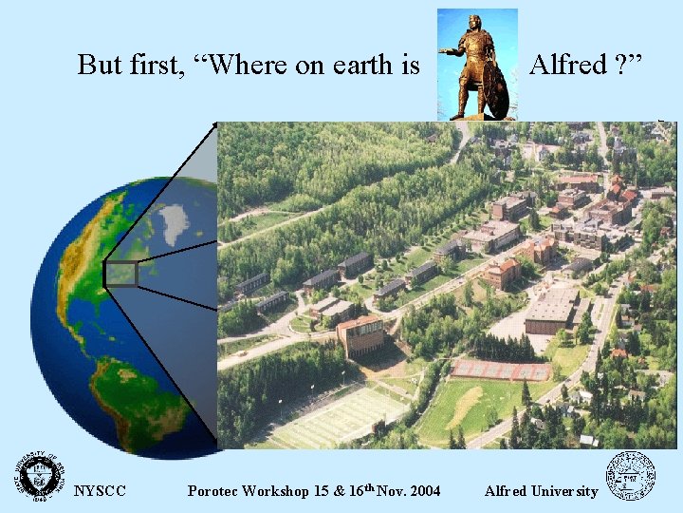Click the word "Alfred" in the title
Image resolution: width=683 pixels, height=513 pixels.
coord(567,65)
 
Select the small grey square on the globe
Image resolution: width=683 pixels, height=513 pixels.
coord(121,274)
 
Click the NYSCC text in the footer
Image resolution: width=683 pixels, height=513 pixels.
coord(100,491)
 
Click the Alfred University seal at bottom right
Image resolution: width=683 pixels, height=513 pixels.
coord(631,475)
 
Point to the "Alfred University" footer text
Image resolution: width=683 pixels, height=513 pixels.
coord(541,491)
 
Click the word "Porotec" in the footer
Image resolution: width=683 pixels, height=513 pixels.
coord(214,491)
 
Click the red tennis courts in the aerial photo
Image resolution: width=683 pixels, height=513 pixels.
coord(501,370)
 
